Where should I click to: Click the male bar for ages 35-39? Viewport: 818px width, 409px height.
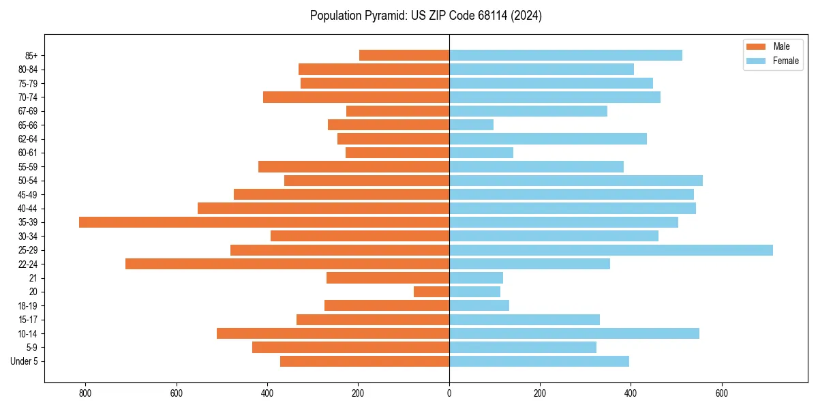tap(264, 222)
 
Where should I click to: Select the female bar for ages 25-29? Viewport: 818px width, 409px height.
tap(611, 250)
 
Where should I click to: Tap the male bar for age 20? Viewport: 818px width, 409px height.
tap(431, 292)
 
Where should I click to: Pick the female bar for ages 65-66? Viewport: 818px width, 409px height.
tap(471, 125)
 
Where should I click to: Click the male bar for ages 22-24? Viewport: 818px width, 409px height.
tap(287, 264)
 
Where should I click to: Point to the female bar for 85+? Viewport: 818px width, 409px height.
tap(565, 55)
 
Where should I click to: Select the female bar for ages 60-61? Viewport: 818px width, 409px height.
tap(481, 153)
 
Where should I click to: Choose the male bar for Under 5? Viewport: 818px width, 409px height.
tap(365, 361)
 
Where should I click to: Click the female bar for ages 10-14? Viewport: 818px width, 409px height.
tap(574, 333)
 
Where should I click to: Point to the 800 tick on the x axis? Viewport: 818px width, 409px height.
tap(85, 393)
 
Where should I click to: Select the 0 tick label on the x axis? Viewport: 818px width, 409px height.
tap(449, 393)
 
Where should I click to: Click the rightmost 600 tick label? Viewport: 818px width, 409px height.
tap(721, 393)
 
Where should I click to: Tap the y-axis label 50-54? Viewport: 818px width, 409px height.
tap(28, 181)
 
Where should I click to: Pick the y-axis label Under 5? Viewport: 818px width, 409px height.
tap(25, 361)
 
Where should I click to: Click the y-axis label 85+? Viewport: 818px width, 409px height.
tap(31, 55)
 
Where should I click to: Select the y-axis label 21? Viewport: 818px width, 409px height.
tap(33, 278)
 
